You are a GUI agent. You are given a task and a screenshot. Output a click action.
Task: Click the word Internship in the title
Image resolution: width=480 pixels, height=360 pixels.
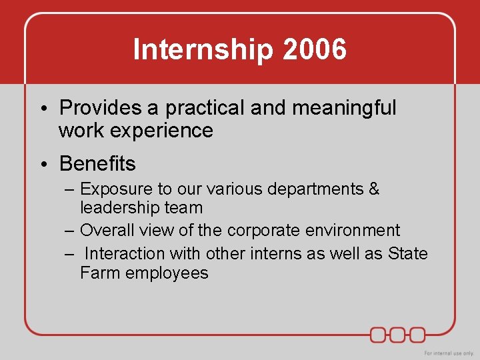(x=194, y=50)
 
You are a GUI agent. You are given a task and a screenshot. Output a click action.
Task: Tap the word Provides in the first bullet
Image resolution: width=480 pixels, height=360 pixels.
(x=100, y=107)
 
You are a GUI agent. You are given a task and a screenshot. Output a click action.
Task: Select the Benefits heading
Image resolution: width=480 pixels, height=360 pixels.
(x=97, y=163)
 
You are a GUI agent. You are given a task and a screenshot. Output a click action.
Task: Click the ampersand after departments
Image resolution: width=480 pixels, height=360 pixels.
(x=373, y=189)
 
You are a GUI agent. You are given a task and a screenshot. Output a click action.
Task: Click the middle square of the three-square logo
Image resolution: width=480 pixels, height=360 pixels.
(x=398, y=334)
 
